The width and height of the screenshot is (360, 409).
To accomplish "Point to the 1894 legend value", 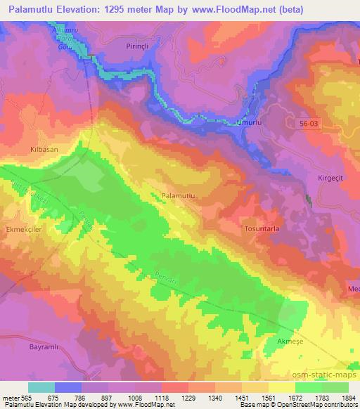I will point(348,398).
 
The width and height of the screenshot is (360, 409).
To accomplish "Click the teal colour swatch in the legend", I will point(41,387).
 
